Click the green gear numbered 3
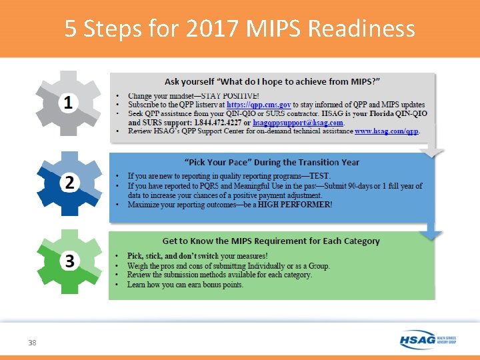69,261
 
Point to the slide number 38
32,342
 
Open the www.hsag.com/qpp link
387,132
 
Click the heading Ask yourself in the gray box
272,81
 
